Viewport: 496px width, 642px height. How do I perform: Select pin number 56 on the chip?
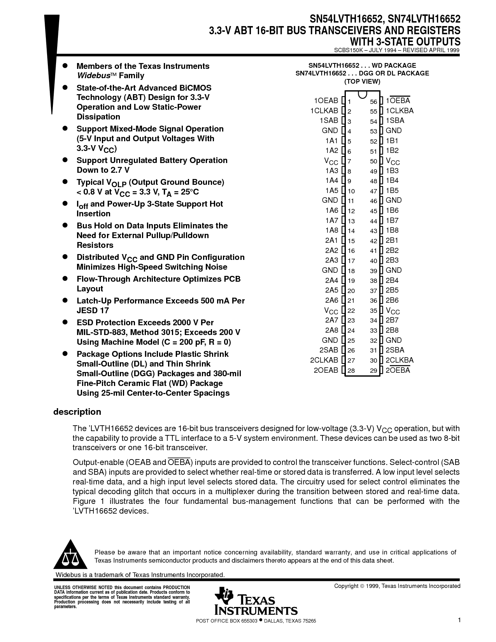pyautogui.click(x=373, y=102)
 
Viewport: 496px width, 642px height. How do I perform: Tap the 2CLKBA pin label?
pyautogui.click(x=400, y=360)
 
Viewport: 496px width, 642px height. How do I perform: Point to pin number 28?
pyautogui.click(x=351, y=370)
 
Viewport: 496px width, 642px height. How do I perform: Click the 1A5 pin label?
pyautogui.click(x=332, y=191)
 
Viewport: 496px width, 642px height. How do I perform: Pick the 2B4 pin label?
pyautogui.click(x=392, y=281)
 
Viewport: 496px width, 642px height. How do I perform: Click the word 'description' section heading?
pyautogui.click(x=77, y=412)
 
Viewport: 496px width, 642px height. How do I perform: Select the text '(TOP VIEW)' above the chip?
pyautogui.click(x=362, y=82)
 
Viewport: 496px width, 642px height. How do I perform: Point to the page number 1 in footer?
pyautogui.click(x=459, y=620)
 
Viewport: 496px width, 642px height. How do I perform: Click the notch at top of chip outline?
pyautogui.click(x=362, y=94)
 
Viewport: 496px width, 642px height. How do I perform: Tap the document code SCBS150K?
pyautogui.click(x=348, y=50)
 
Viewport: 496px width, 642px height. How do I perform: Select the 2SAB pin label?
pyautogui.click(x=329, y=350)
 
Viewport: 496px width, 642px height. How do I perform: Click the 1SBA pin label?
pyautogui.click(x=395, y=121)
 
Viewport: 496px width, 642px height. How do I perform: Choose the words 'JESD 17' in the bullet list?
pyautogui.click(x=93, y=310)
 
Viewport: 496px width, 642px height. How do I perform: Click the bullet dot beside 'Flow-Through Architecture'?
pyautogui.click(x=66, y=279)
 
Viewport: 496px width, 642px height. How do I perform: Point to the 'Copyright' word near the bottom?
pyautogui.click(x=346, y=586)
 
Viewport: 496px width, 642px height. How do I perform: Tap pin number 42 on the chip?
pyautogui.click(x=373, y=241)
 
